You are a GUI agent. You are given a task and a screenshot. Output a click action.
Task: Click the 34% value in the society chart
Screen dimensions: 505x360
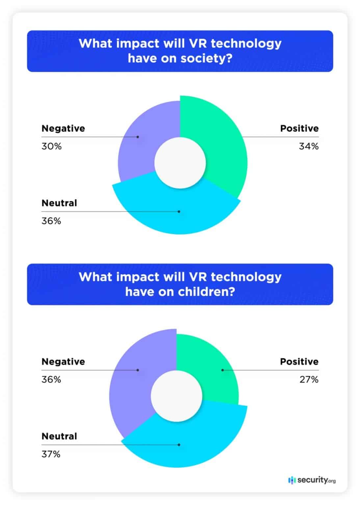click(x=308, y=146)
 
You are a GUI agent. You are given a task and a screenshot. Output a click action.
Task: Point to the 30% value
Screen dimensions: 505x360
click(x=52, y=146)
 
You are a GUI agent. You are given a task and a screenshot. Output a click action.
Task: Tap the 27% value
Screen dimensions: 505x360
click(x=309, y=380)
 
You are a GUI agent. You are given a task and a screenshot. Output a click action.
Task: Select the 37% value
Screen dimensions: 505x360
click(x=51, y=454)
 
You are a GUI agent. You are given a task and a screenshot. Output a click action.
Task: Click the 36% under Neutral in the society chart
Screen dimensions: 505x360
click(x=51, y=221)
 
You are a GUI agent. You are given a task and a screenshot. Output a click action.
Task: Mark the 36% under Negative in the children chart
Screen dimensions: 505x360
click(x=51, y=380)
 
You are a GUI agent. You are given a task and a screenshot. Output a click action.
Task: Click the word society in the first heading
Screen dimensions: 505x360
click(x=207, y=59)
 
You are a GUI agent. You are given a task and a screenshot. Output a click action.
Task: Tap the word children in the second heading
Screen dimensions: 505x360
click(x=207, y=292)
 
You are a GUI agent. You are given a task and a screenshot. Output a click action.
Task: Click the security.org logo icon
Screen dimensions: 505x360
click(x=292, y=480)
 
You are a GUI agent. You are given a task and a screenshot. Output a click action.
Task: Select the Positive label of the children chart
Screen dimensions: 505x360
click(x=299, y=362)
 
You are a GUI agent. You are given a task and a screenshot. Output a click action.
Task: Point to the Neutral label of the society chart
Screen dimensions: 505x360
click(x=59, y=203)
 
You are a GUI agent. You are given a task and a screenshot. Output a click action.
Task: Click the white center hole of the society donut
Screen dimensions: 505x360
click(x=180, y=163)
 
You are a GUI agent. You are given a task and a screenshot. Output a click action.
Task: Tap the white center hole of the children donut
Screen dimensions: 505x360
click(x=176, y=396)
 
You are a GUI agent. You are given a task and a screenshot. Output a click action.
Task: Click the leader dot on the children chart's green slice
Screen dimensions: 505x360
click(x=222, y=370)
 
